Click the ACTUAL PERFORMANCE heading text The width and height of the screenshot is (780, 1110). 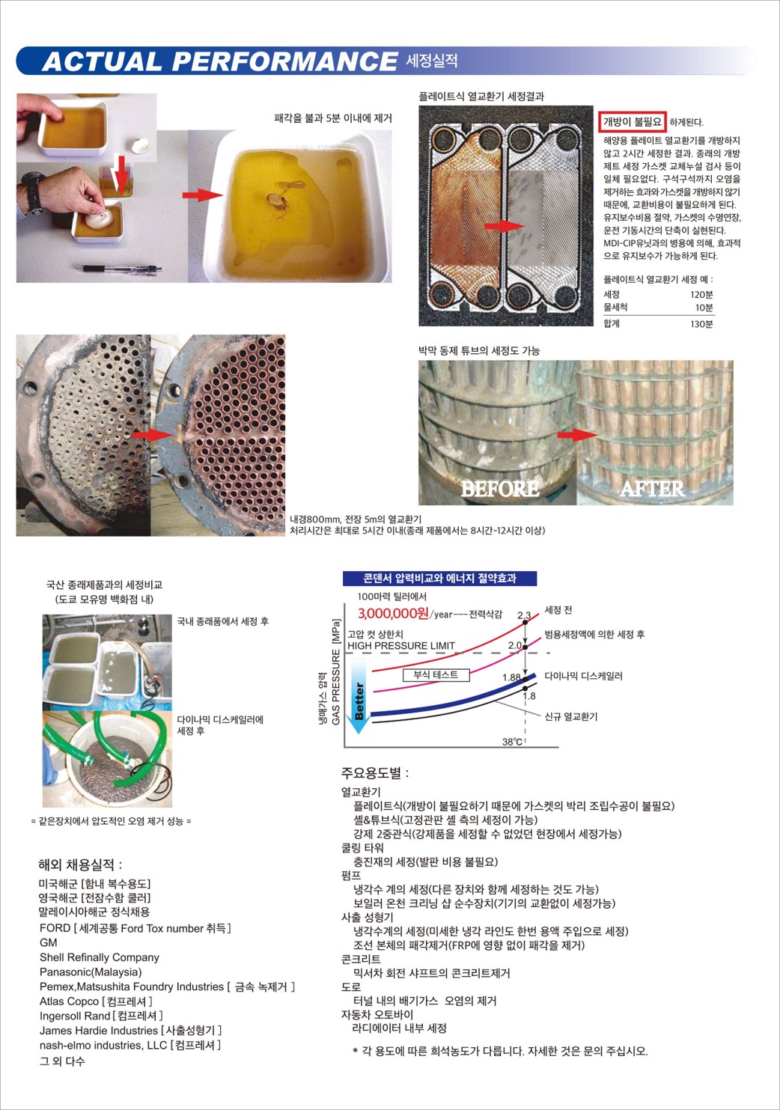(219, 61)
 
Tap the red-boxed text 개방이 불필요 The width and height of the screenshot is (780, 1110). (633, 122)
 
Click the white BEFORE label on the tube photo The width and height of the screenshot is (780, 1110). (500, 489)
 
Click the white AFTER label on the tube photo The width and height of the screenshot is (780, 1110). (653, 489)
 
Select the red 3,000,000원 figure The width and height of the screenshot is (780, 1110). (393, 614)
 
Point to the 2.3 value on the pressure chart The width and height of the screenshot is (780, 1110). (524, 615)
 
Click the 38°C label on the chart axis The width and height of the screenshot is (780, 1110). (512, 742)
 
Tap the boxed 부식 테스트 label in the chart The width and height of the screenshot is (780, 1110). (436, 675)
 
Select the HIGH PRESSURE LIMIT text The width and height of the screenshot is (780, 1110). (401, 646)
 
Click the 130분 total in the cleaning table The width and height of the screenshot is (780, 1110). (701, 324)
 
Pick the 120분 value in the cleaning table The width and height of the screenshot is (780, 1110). (701, 294)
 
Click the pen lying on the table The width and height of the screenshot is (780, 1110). (119, 269)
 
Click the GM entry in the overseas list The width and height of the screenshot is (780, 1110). (49, 942)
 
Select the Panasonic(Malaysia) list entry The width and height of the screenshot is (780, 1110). (91, 972)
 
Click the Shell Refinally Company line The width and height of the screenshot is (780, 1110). (100, 957)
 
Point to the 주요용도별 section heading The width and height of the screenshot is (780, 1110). (375, 772)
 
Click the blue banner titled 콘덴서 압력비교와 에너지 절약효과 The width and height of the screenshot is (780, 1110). (439, 579)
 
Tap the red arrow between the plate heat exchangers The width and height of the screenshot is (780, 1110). (504, 226)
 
